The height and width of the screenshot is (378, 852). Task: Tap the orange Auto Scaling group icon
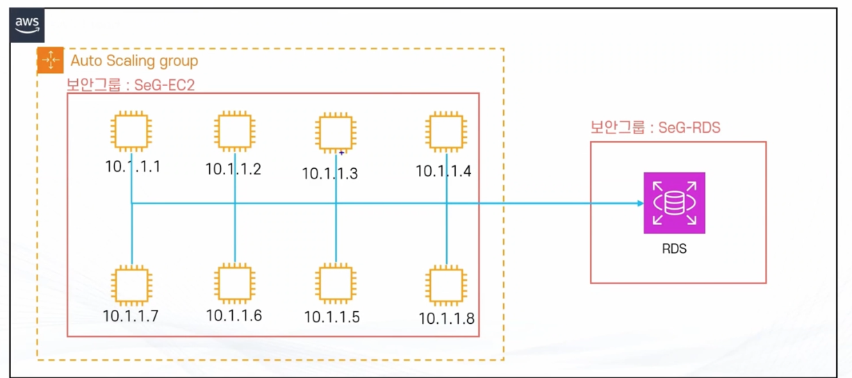pyautogui.click(x=50, y=60)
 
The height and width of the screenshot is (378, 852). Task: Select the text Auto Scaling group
pyautogui.click(x=134, y=61)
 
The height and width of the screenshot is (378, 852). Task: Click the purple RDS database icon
pyautogui.click(x=674, y=203)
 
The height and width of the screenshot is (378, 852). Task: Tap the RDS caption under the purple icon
pyautogui.click(x=674, y=248)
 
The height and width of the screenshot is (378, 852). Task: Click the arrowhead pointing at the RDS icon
pyautogui.click(x=639, y=204)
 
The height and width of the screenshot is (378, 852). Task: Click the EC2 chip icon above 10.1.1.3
pyautogui.click(x=336, y=133)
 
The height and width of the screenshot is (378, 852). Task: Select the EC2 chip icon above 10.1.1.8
pyautogui.click(x=445, y=285)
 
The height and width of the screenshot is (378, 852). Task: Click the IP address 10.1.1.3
pyautogui.click(x=330, y=174)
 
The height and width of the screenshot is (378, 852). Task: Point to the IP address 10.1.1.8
pyautogui.click(x=447, y=318)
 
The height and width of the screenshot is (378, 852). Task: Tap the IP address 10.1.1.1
pyautogui.click(x=133, y=167)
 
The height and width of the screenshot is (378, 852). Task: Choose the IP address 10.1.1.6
pyautogui.click(x=234, y=315)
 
